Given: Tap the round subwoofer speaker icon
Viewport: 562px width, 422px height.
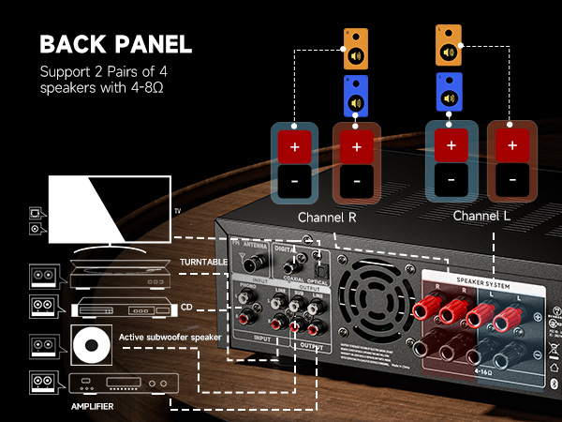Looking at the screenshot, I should [91, 347].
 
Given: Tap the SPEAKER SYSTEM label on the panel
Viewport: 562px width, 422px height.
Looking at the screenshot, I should [484, 279].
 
